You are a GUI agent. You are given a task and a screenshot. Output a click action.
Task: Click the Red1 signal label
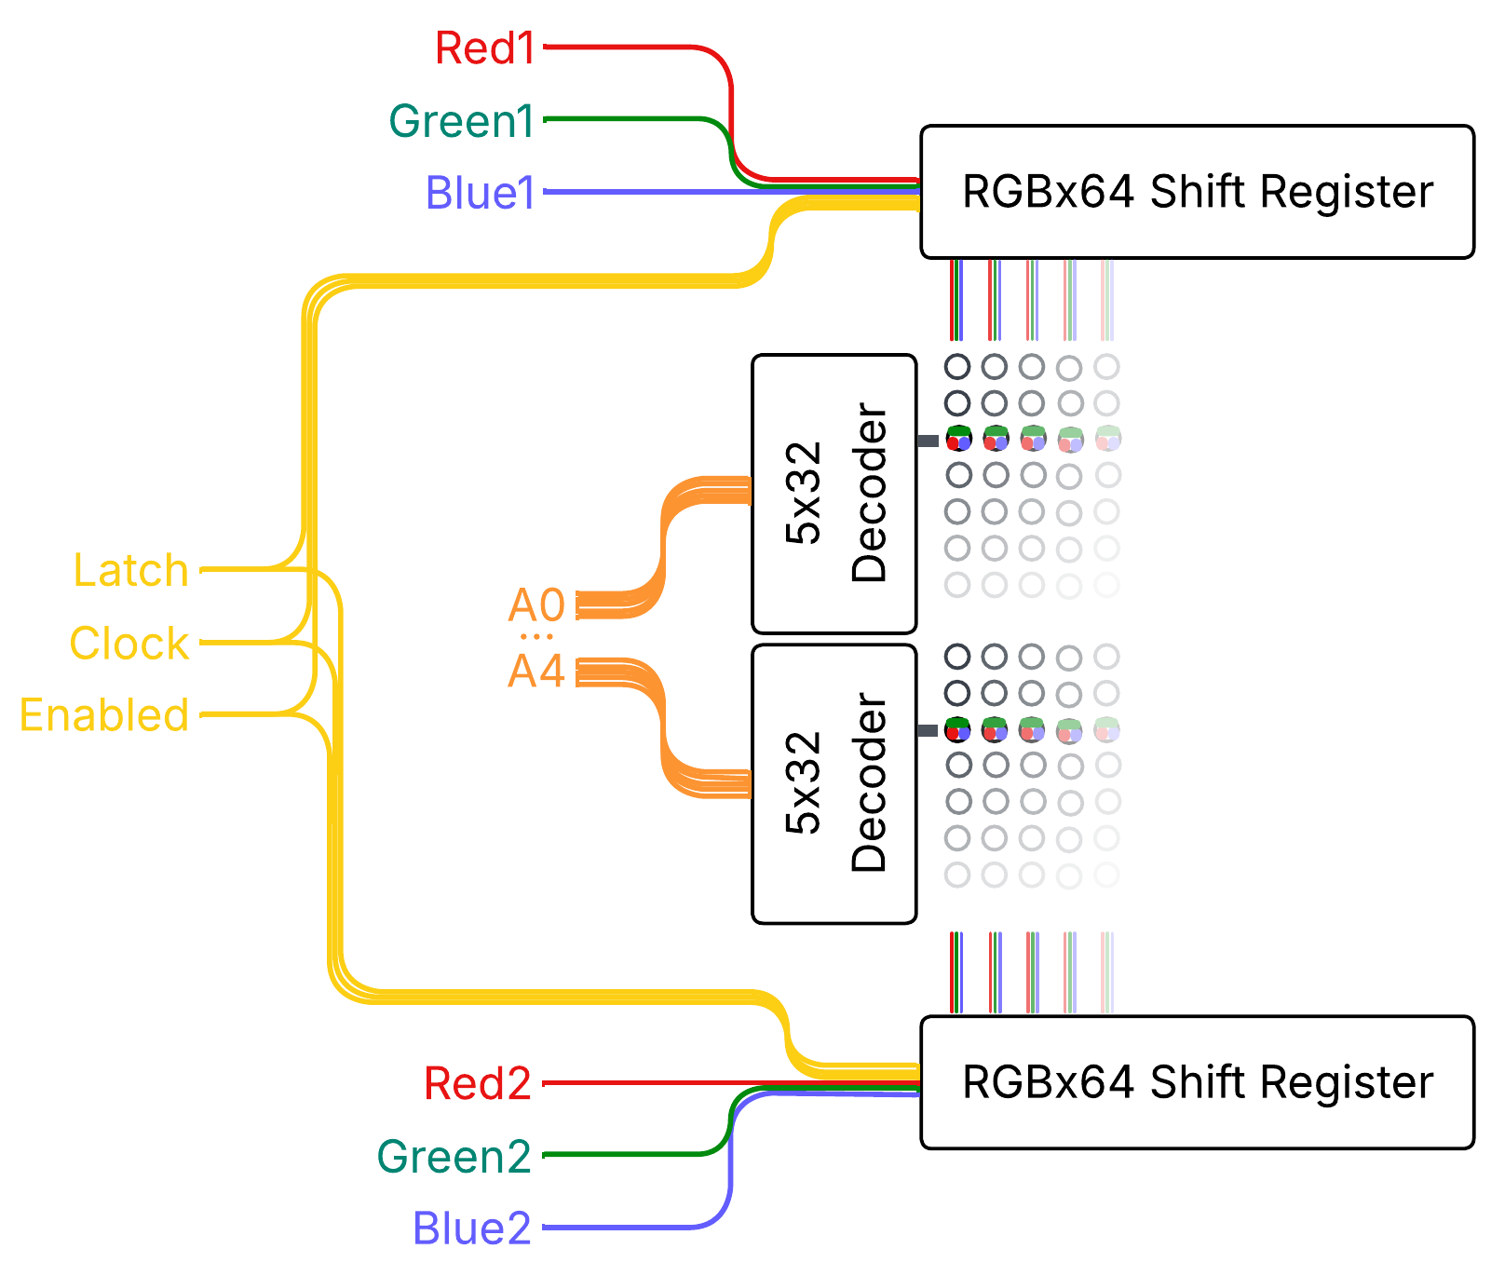pyautogui.click(x=485, y=48)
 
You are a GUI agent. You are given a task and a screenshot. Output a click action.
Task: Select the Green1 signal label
pyautogui.click(x=461, y=121)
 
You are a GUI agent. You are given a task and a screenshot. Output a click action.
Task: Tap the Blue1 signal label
pyautogui.click(x=480, y=193)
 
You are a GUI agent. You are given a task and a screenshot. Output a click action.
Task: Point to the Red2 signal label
pyautogui.click(x=478, y=1083)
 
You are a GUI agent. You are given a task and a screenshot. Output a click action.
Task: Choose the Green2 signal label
pyautogui.click(x=454, y=1157)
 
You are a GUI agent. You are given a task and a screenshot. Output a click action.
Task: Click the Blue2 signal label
pyautogui.click(x=472, y=1228)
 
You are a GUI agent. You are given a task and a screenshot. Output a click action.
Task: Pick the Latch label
pyautogui.click(x=131, y=570)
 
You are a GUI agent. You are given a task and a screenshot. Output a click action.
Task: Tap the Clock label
pyautogui.click(x=129, y=644)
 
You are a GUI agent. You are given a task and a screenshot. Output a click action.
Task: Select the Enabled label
pyautogui.click(x=104, y=715)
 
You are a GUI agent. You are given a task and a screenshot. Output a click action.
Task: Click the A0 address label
pyautogui.click(x=536, y=605)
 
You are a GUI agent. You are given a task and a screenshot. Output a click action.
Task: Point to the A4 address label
pyautogui.click(x=536, y=671)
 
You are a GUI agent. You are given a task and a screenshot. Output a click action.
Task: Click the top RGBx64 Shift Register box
pyautogui.click(x=1197, y=192)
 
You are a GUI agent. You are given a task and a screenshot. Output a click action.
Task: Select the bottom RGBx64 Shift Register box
pyautogui.click(x=1197, y=1082)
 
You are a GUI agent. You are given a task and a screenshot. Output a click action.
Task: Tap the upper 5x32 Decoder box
pyautogui.click(x=834, y=494)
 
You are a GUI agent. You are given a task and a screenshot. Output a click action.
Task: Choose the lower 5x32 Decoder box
pyautogui.click(x=834, y=783)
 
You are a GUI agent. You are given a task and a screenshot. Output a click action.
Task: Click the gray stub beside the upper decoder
pyautogui.click(x=928, y=441)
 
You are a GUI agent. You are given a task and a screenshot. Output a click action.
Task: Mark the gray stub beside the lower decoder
pyautogui.click(x=928, y=730)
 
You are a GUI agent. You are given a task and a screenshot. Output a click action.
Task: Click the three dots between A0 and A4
pyautogui.click(x=536, y=637)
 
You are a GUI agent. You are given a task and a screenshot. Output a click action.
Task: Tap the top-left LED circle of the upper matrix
pyautogui.click(x=957, y=367)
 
